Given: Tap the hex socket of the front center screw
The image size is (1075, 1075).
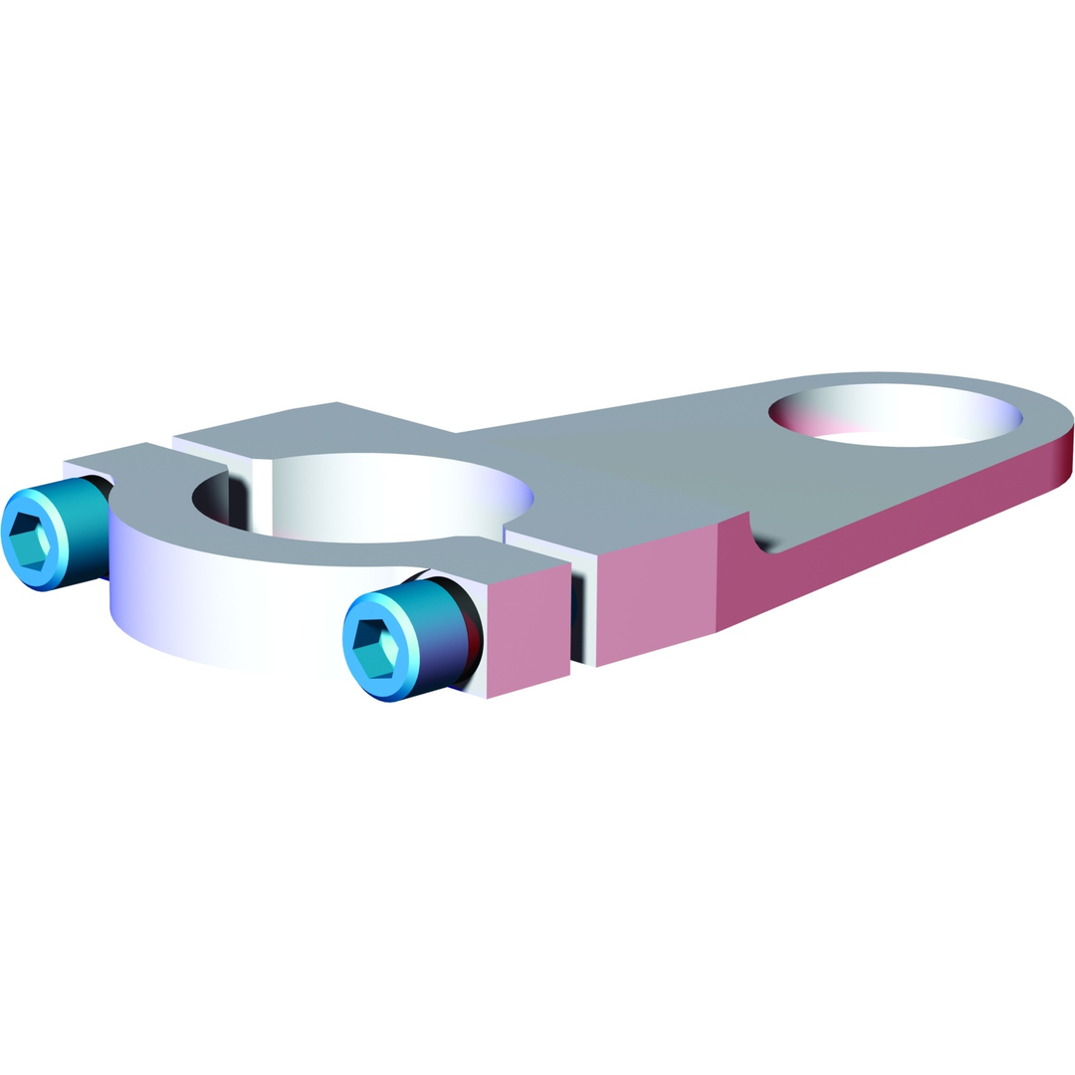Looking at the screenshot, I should [x=374, y=648].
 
